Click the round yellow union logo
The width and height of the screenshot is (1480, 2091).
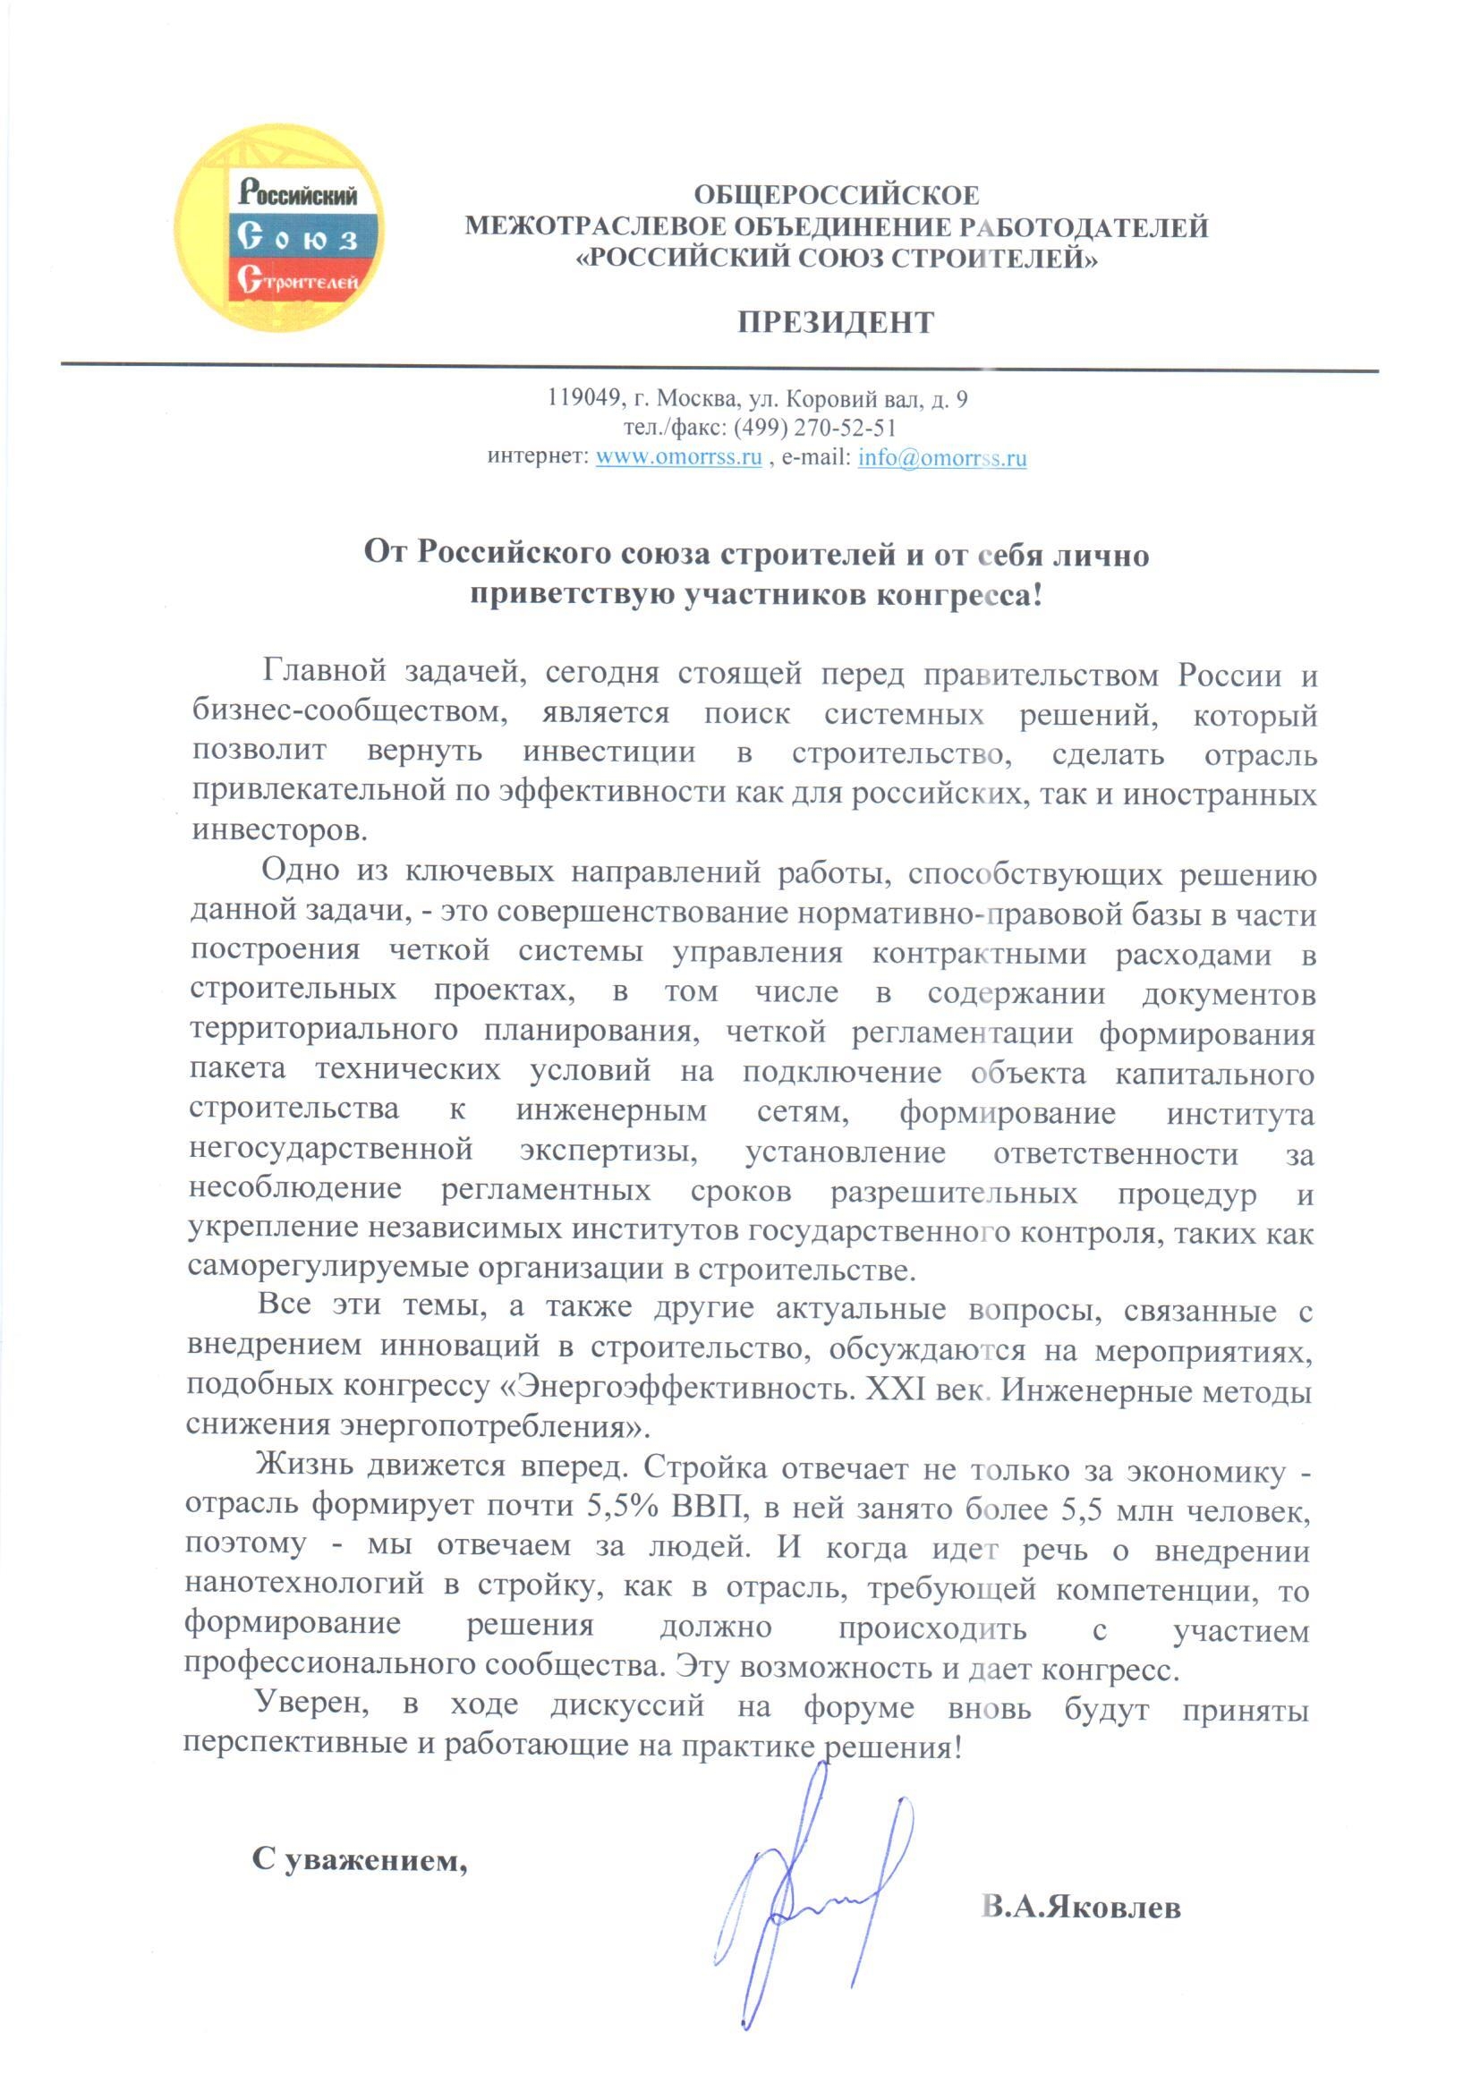[279, 228]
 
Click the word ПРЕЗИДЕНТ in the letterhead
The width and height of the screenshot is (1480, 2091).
[836, 322]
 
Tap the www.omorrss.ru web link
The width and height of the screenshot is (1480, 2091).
[678, 457]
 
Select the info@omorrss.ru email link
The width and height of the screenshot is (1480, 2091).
[941, 457]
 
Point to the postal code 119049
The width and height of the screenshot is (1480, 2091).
[583, 398]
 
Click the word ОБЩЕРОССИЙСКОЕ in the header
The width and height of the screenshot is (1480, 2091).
[836, 195]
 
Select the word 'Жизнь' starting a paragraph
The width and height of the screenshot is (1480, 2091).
[303, 1466]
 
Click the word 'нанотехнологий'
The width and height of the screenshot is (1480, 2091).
[304, 1586]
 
